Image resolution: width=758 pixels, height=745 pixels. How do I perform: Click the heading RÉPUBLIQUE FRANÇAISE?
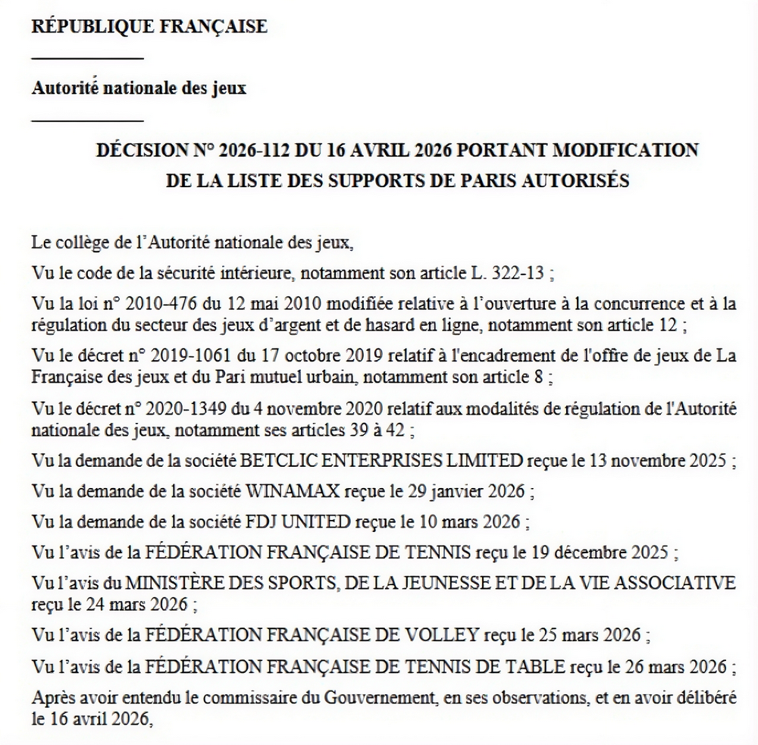point(149,27)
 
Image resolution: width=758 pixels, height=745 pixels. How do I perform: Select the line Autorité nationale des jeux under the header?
point(139,88)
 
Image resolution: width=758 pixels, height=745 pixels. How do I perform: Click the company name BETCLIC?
point(280,460)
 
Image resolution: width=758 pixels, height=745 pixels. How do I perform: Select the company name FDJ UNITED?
point(298,522)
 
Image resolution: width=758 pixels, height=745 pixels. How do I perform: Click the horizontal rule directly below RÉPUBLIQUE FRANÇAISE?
point(87,58)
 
